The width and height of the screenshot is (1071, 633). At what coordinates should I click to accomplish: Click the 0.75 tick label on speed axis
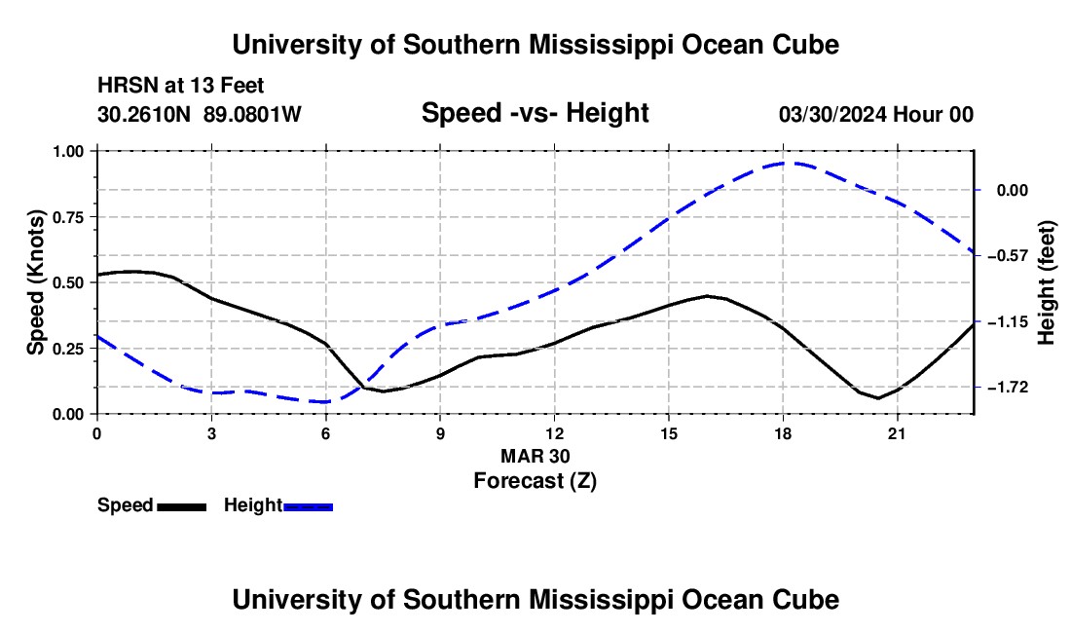coord(67,217)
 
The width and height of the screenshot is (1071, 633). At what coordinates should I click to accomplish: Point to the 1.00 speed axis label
coord(67,151)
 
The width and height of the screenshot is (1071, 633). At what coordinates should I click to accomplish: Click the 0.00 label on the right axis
coord(1013,191)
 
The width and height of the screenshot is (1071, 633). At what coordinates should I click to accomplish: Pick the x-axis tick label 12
coord(555,433)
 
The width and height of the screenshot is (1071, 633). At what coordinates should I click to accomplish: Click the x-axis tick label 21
coord(897,433)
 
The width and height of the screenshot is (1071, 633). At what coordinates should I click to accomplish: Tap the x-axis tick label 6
coord(326,433)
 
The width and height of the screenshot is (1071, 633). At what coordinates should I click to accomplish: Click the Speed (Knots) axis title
coord(35,282)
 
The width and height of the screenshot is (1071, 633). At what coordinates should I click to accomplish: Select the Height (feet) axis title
coord(1047,282)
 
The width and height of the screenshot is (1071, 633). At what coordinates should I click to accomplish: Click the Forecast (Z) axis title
coord(535,481)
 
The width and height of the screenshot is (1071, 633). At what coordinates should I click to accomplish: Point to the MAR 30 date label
coord(535,456)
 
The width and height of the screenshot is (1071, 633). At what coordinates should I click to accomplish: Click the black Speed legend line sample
coord(182,507)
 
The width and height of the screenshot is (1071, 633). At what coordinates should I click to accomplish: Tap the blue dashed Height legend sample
coord(308,507)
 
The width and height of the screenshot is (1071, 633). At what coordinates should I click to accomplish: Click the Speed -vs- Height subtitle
coord(535,113)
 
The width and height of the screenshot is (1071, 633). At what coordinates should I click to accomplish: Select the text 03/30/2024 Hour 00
coord(876,114)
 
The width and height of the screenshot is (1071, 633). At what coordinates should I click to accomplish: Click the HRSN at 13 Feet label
coord(181,86)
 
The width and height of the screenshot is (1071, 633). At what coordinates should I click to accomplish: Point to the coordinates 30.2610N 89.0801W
coord(200,114)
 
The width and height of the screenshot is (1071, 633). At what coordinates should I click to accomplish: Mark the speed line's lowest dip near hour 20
coord(878,398)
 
